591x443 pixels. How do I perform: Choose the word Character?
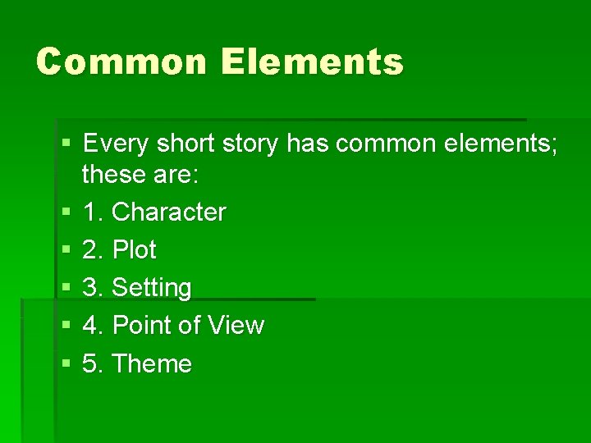pos(168,212)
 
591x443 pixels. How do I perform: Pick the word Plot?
pos(134,249)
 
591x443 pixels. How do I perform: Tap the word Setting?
pos(151,288)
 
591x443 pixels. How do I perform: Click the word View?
pos(236,326)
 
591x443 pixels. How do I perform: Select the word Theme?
pos(151,363)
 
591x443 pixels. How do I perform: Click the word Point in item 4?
pos(141,326)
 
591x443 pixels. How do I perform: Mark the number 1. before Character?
pos(94,212)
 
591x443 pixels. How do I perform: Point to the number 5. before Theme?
pos(94,363)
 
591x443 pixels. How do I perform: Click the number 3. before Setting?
pos(94,288)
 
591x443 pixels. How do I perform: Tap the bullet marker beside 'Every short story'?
pos(66,145)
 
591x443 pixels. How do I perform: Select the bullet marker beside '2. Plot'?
pos(66,250)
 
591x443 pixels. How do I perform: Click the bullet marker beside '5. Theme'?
pos(66,364)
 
